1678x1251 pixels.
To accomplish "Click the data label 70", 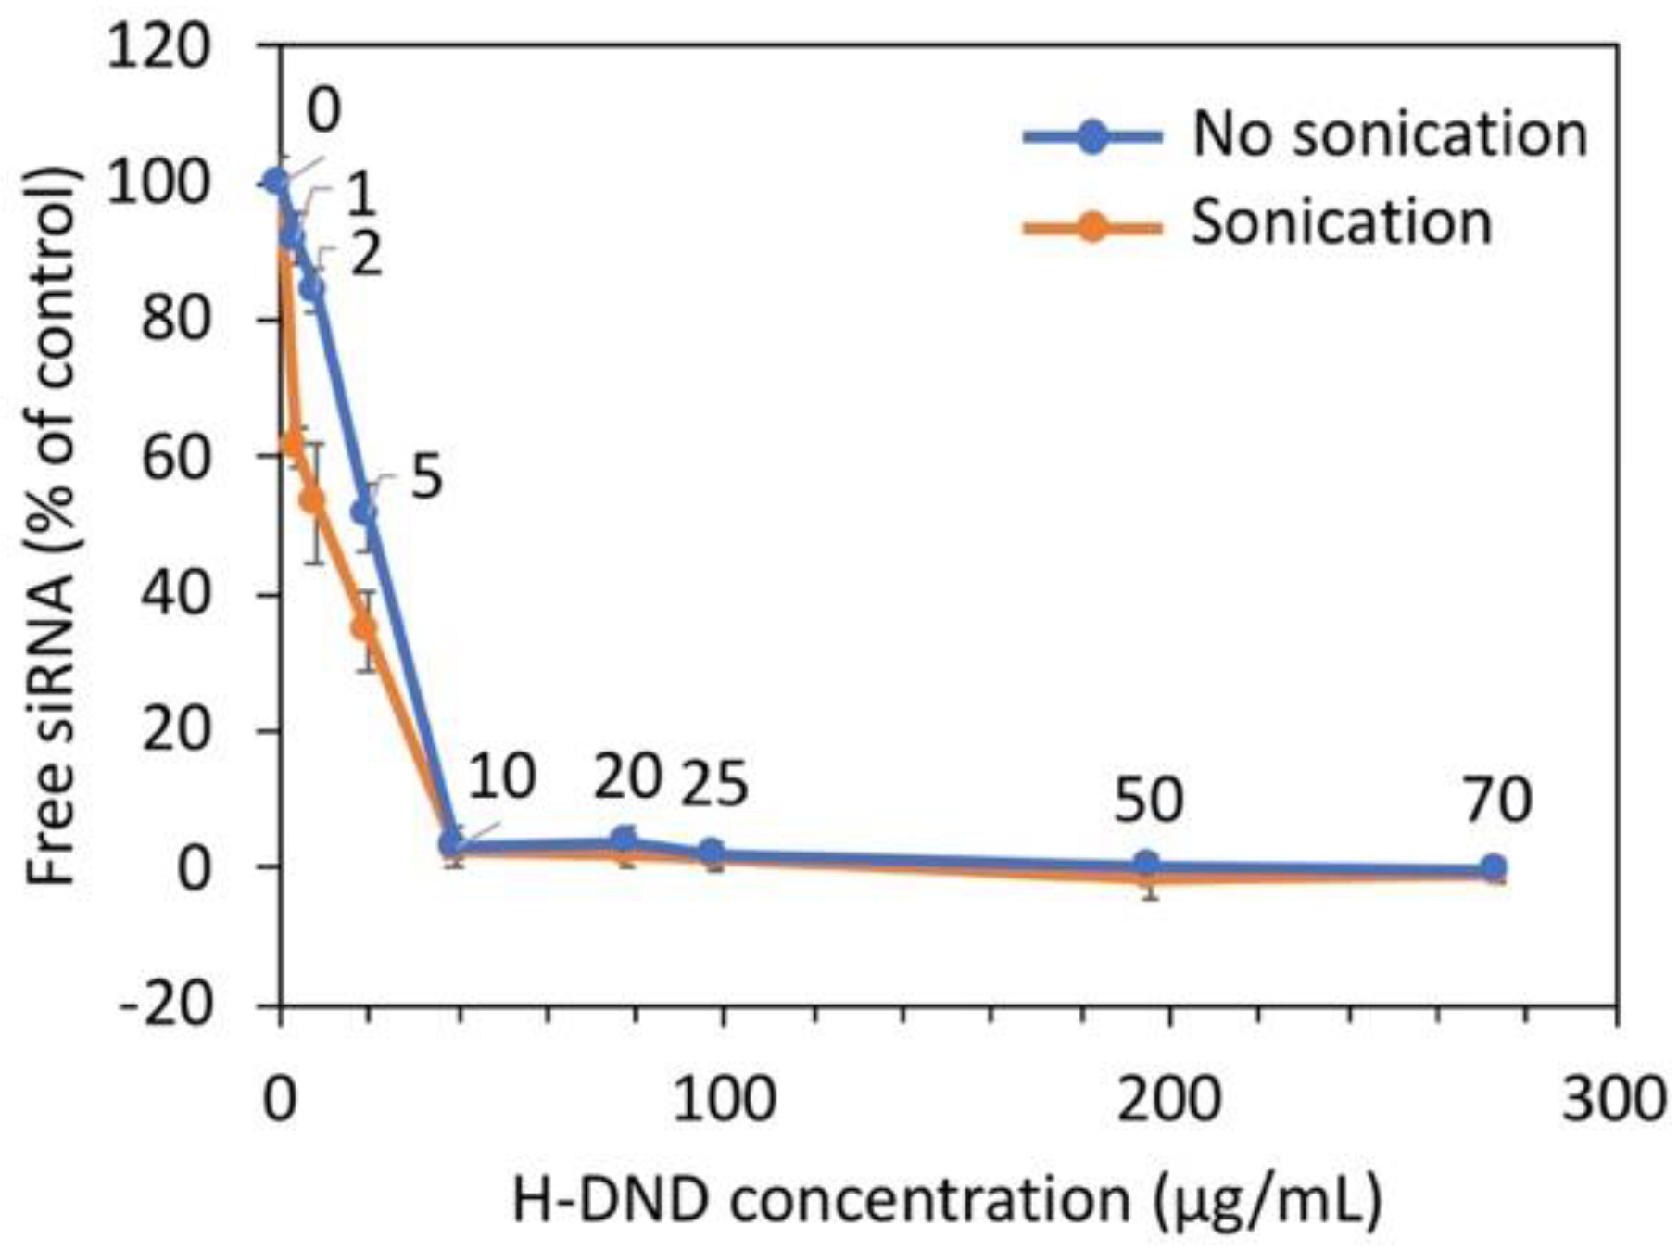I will coord(1497,801).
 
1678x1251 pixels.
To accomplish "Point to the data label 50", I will coord(1148,801).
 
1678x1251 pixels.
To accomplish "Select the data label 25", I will coord(713,785).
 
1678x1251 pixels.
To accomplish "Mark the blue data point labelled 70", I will coord(1493,868).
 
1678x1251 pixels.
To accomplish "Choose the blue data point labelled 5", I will coord(364,512).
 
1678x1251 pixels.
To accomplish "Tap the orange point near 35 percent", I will coord(364,628).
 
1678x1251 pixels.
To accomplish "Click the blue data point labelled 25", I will coord(712,853).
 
